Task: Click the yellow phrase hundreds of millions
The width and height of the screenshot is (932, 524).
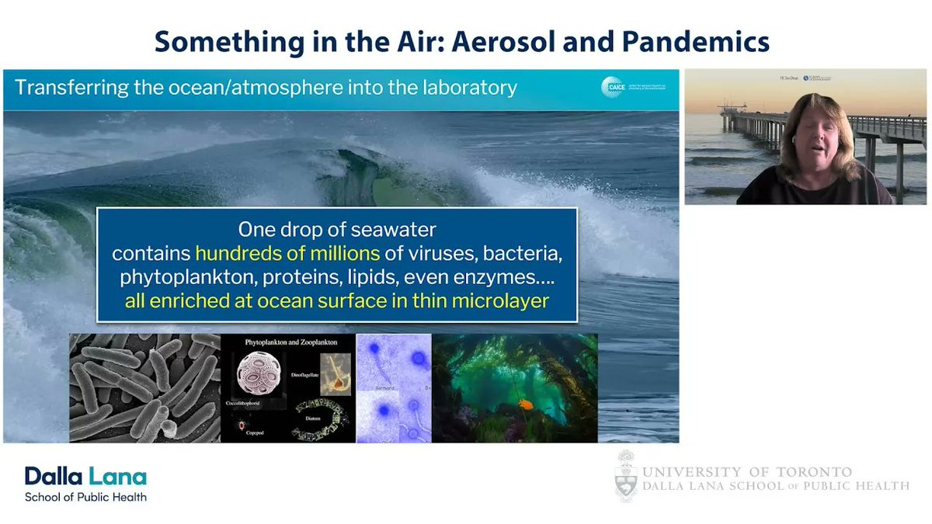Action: [x=287, y=253]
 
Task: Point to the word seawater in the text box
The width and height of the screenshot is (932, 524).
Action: [x=396, y=230]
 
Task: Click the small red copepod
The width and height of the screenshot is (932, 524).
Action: [x=248, y=426]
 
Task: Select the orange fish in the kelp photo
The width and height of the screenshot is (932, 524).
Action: [x=527, y=404]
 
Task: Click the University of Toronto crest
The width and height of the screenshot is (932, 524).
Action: [x=626, y=476]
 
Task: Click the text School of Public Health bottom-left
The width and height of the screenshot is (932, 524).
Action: [x=85, y=497]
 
